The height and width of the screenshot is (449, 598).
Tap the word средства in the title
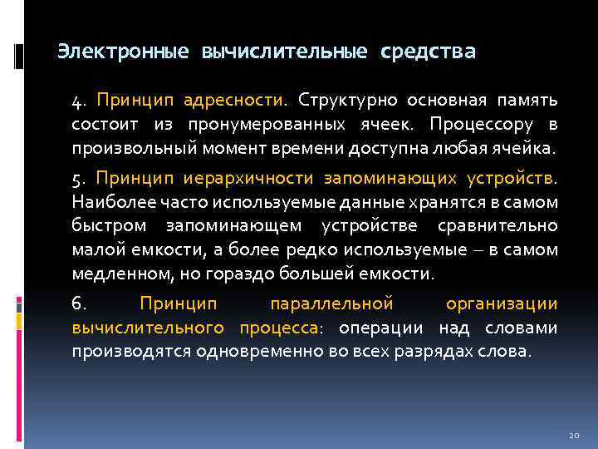coord(429,52)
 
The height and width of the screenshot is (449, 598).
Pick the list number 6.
coord(78,304)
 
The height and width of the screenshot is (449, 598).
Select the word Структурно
coord(346,101)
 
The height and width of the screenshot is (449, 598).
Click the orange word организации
coord(502,304)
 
